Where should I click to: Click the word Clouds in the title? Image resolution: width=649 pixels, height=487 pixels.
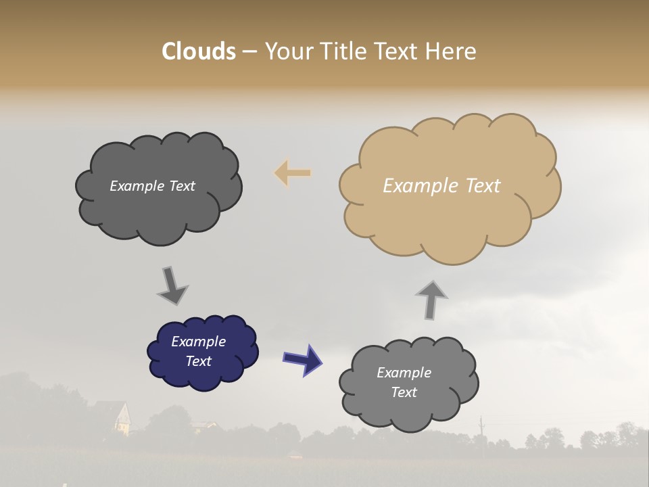(198, 51)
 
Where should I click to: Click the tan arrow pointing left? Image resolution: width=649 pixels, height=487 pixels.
(292, 173)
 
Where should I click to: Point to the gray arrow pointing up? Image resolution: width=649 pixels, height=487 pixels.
(431, 299)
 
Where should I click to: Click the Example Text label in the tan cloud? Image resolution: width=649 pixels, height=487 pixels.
(441, 185)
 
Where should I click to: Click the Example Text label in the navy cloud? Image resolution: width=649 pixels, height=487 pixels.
(199, 351)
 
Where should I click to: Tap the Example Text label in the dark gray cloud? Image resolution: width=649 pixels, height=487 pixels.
(152, 186)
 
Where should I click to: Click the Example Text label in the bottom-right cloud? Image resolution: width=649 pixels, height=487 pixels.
(404, 382)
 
